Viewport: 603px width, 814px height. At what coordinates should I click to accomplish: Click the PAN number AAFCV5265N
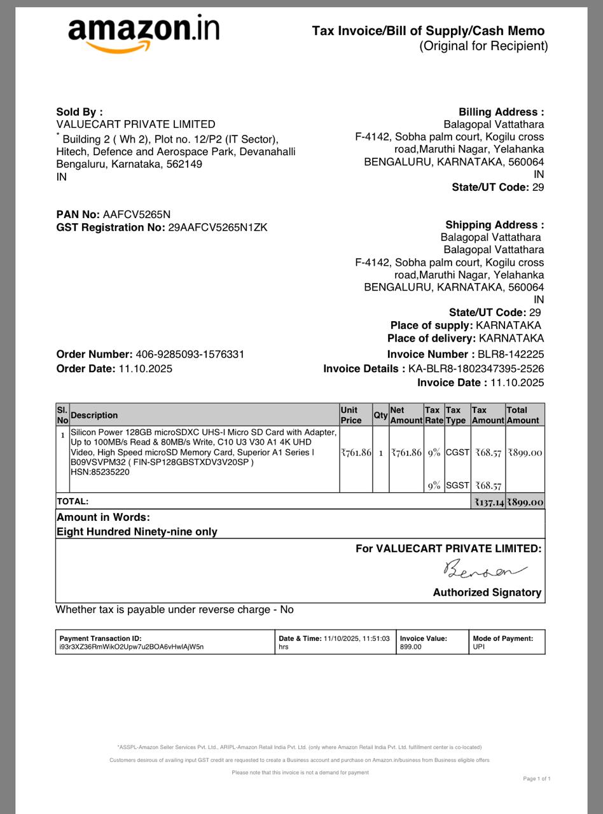click(x=136, y=214)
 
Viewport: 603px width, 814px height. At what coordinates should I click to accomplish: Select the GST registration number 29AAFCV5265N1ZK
click(x=218, y=227)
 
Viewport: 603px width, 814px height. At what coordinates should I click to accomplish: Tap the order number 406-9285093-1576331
click(x=190, y=354)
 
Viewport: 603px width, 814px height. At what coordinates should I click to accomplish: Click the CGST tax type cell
click(x=457, y=452)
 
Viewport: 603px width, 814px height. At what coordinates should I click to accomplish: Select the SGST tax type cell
click(x=457, y=485)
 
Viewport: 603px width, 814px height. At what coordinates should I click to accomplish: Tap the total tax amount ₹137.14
click(x=489, y=502)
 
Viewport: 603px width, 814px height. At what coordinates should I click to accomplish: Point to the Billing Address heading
click(x=501, y=112)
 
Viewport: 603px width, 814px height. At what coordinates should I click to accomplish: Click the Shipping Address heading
click(x=494, y=224)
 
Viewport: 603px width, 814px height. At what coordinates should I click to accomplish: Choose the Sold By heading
click(x=80, y=112)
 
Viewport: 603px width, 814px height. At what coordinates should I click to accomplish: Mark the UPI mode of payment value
click(x=478, y=647)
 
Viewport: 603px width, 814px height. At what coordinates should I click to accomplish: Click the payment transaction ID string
click(x=132, y=647)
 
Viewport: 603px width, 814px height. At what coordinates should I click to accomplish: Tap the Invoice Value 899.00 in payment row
click(x=411, y=647)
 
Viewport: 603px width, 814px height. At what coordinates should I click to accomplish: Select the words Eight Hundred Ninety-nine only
click(x=137, y=532)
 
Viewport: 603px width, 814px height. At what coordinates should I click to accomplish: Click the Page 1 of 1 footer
click(x=536, y=778)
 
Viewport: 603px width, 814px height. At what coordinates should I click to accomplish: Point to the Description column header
click(x=94, y=415)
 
